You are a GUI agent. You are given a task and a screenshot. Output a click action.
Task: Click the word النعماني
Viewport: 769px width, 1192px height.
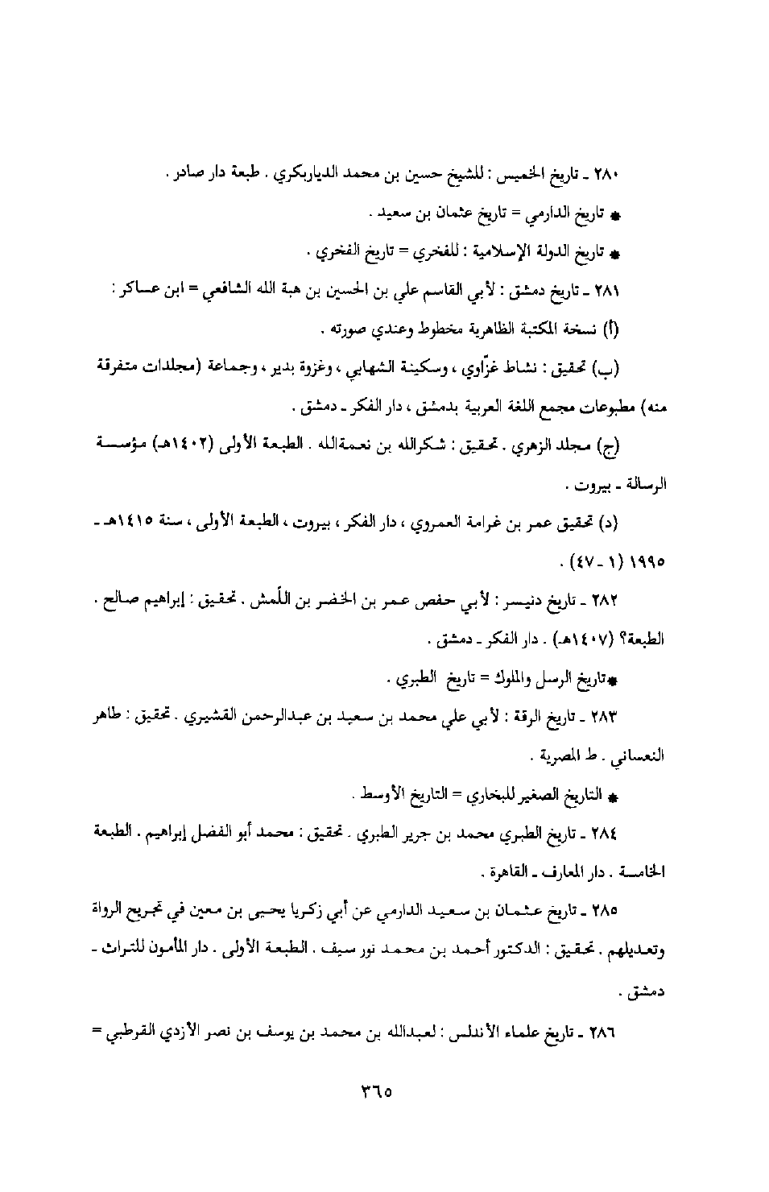[x=641, y=756]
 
